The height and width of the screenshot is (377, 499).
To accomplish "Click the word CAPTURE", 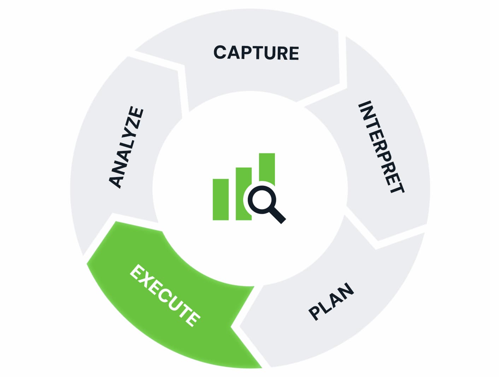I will click(256, 53).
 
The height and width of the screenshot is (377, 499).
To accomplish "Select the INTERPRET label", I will click(381, 147).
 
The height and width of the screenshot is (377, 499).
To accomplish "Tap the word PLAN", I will click(331, 301).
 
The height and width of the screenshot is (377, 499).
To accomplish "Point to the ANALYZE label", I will click(127, 147).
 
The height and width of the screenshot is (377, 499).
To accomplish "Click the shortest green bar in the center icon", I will click(221, 200).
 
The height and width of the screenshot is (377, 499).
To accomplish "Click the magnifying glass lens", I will click(262, 200).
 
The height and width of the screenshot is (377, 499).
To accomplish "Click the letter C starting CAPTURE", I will click(221, 52).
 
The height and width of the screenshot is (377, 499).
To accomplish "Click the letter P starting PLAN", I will click(315, 313).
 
